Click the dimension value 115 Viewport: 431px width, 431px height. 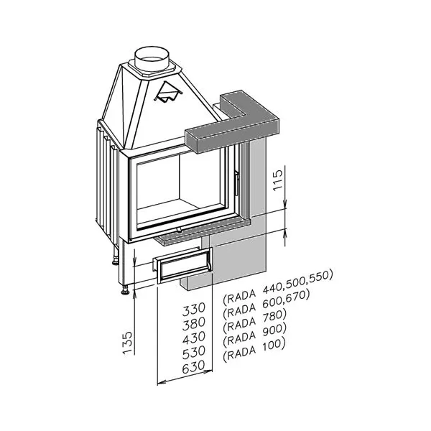[278, 180]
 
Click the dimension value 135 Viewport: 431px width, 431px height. [127, 343]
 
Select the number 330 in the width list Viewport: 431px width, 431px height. [194, 309]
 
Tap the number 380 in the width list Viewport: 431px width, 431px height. [194, 323]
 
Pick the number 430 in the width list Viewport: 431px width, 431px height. [194, 338]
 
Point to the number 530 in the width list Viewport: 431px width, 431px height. [194, 353]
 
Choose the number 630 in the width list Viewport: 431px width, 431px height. [194, 367]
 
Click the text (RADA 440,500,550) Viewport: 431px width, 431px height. [278, 288]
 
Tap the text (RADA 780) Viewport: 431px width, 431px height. [254, 320]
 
